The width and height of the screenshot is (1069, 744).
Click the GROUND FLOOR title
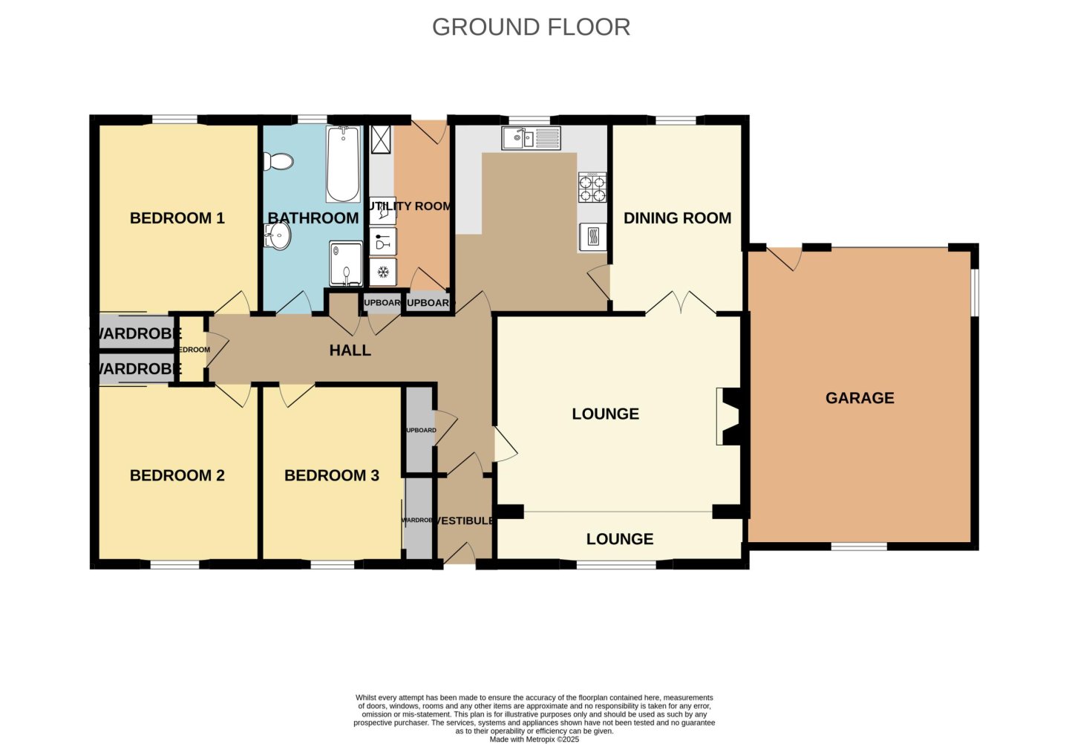531,27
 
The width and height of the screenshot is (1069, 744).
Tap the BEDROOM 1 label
177,218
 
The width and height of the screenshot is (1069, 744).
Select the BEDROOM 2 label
177,475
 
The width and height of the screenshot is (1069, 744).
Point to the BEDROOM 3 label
331,475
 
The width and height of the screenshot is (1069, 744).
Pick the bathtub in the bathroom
342,165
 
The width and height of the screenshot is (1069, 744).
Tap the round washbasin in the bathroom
278,237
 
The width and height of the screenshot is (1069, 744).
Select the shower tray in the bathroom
346,264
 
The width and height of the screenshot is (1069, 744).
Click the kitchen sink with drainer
531,138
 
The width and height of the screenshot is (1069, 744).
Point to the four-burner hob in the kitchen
592,187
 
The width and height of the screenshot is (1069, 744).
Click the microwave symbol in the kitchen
592,237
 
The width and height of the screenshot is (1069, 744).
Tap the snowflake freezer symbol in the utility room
383,272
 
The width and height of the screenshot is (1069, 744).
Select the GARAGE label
860,398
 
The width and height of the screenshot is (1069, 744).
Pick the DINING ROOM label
677,218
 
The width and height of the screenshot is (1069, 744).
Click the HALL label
350,350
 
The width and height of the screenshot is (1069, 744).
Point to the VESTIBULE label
464,521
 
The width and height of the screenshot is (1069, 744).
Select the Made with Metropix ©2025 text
534,739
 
